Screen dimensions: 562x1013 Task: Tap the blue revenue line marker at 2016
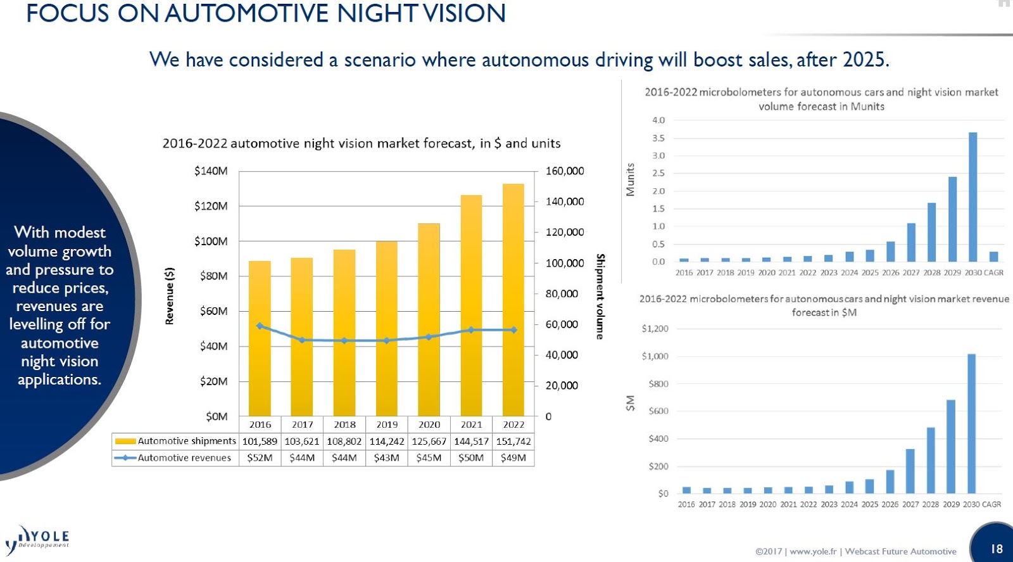pos(260,326)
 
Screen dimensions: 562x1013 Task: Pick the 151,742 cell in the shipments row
pos(513,441)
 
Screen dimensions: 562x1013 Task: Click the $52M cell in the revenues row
pos(260,457)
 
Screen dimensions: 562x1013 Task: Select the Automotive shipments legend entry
pos(175,441)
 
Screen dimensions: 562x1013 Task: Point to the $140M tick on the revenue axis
pos(211,171)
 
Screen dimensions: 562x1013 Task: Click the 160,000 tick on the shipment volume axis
pos(565,171)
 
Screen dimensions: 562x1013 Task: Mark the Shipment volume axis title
pos(600,296)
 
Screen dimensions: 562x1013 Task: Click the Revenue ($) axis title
pos(169,296)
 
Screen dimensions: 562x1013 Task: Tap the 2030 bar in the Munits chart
pos(972,197)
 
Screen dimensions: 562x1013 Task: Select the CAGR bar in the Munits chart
pos(993,256)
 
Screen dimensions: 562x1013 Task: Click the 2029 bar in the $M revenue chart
pos(951,447)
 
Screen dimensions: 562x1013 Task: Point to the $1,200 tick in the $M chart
pos(655,328)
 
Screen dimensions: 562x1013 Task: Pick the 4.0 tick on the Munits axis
pos(658,120)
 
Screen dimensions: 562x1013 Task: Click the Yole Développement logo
pos(38,539)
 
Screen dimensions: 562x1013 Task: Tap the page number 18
pos(997,549)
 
